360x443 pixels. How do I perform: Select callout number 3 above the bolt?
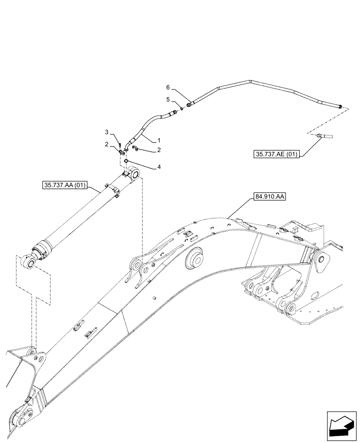click(x=107, y=132)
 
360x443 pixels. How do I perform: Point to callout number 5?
click(x=168, y=99)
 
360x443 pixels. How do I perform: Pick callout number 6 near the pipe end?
click(x=168, y=87)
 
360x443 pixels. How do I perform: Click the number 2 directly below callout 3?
click(x=107, y=144)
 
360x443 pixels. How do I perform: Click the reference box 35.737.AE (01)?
click(x=276, y=154)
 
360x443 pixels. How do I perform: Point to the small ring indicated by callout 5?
click(x=182, y=109)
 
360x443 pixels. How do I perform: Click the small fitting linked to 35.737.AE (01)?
click(x=325, y=136)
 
